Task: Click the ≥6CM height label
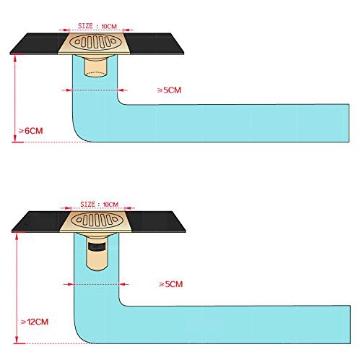pos(31,131)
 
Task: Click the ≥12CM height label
pos(35,322)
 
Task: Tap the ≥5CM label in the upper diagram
pos(169,90)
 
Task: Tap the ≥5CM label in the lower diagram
pos(171,284)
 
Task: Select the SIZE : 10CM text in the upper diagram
pos(97,26)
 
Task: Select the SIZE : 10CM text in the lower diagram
pos(99,205)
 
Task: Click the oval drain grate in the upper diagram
pos(95,42)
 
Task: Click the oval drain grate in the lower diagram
pos(96,220)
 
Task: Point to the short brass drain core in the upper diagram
pos(95,67)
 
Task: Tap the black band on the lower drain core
pos(97,247)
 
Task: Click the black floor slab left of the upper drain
pos(38,43)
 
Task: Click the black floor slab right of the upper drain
pos(154,43)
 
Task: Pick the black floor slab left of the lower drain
pos(40,222)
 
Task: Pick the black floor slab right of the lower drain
pos(156,222)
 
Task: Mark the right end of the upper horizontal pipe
pos(349,123)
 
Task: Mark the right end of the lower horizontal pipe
pos(350,325)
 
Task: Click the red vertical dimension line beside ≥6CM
pos(15,98)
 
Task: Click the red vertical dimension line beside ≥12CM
pos(17,288)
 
